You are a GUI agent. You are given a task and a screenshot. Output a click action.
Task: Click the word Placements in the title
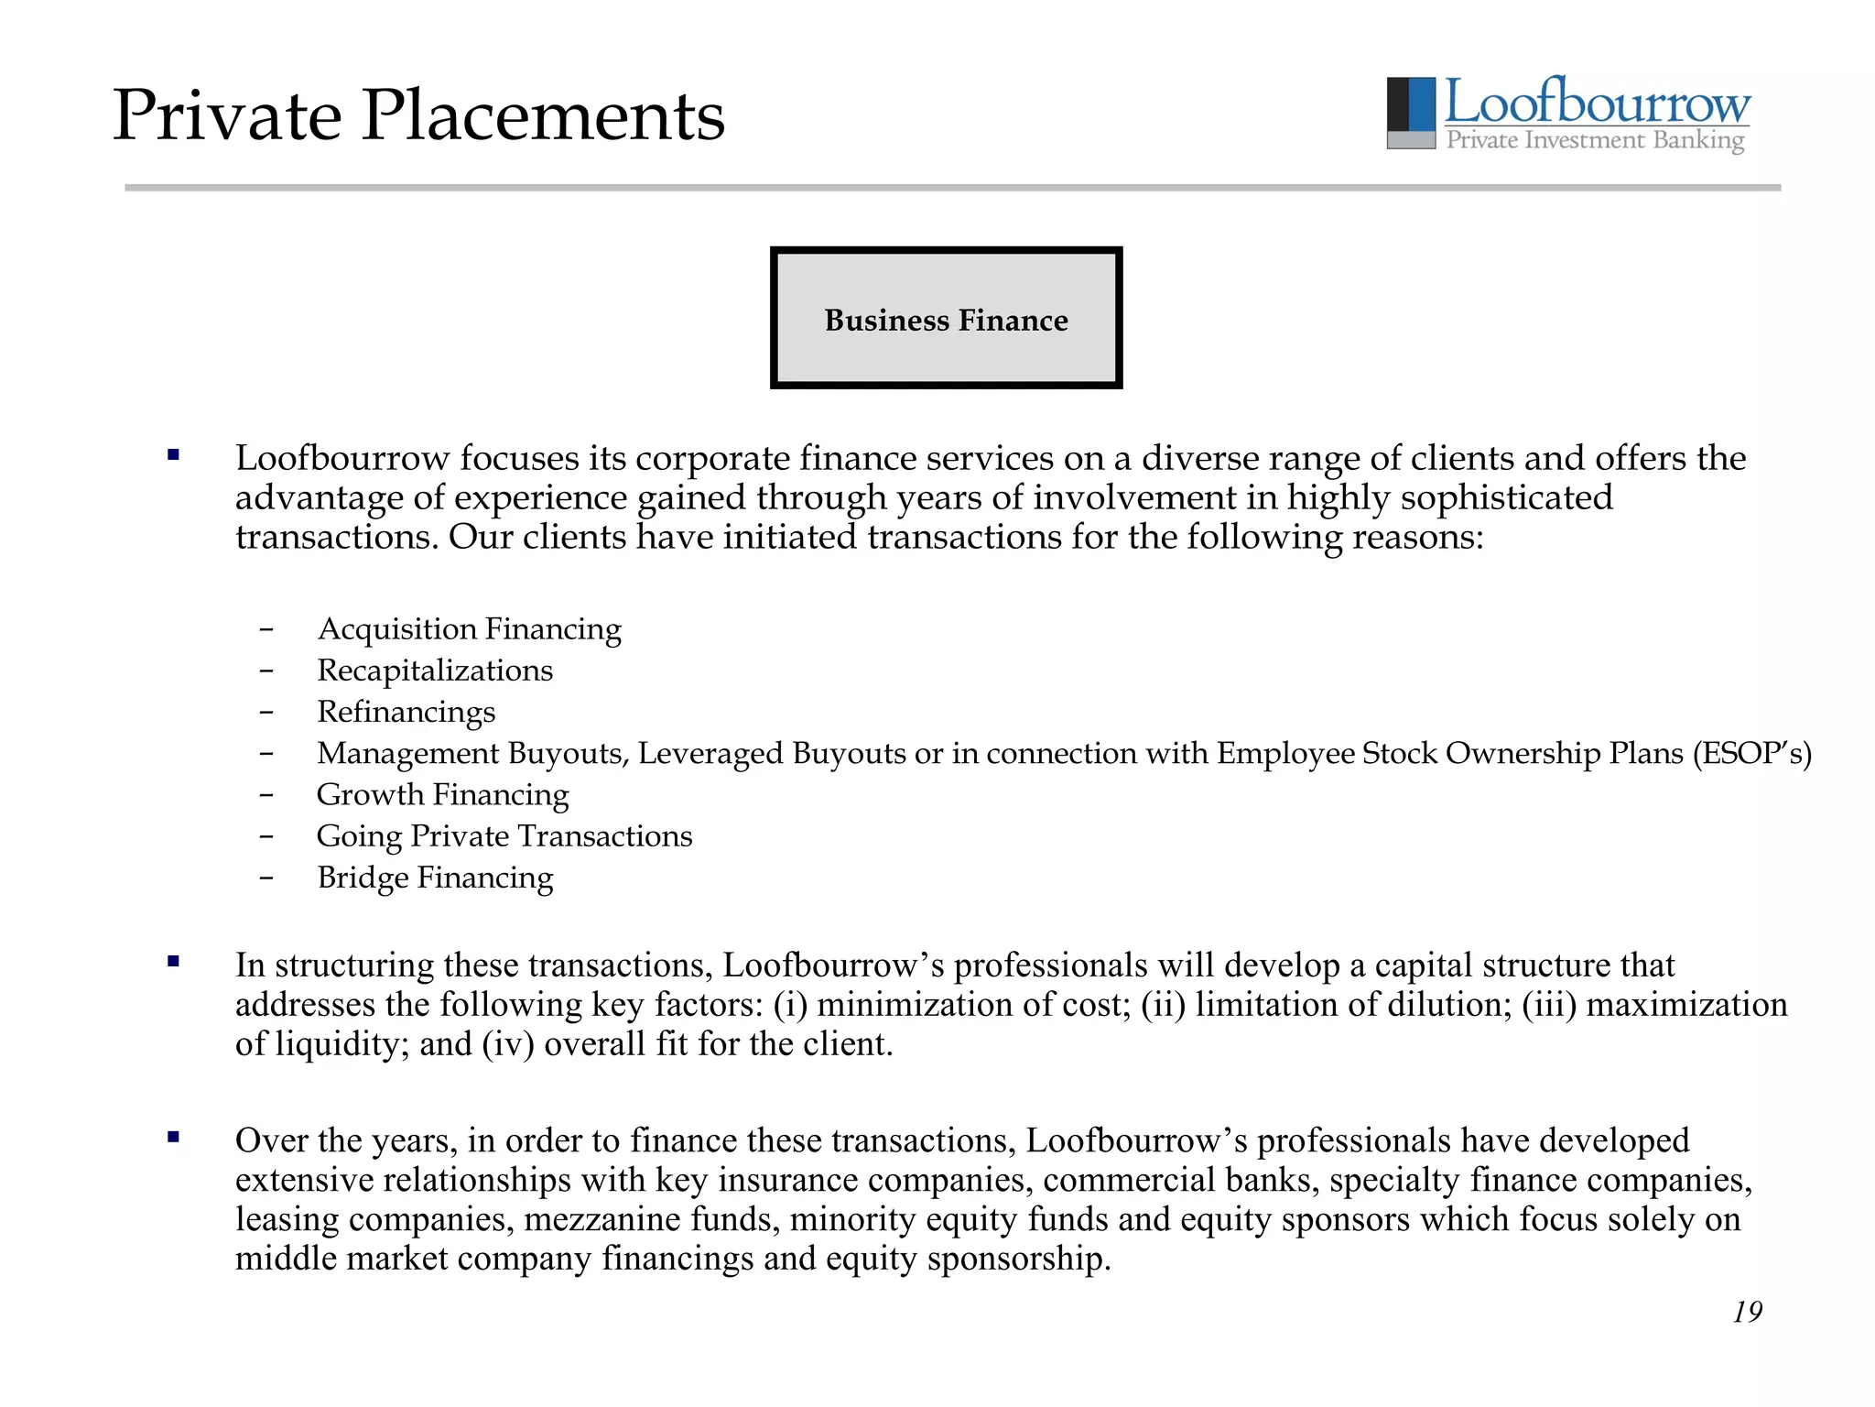point(543,116)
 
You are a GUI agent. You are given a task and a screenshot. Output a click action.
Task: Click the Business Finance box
point(946,318)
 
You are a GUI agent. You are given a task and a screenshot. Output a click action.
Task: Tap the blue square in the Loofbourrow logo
point(1422,104)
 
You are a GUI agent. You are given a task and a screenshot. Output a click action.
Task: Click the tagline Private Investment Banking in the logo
point(1595,140)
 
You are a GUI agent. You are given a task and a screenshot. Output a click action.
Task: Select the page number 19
point(1747,1312)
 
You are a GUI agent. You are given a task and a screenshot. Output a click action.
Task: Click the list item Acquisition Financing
point(469,629)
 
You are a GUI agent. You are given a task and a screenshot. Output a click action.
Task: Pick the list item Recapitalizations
point(435,671)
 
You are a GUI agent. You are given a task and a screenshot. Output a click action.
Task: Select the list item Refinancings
point(406,712)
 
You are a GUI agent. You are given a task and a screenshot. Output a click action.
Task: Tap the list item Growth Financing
point(442,794)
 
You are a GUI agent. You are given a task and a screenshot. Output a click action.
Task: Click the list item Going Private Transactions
point(504,836)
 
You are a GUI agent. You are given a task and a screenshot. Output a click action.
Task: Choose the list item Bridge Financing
point(435,878)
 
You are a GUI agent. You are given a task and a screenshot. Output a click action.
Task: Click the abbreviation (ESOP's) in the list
point(1751,753)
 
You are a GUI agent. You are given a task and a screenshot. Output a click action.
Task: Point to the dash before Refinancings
point(266,712)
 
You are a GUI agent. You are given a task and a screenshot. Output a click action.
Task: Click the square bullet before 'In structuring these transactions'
point(173,961)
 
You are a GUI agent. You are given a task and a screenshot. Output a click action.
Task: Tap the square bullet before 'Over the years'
point(173,1137)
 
